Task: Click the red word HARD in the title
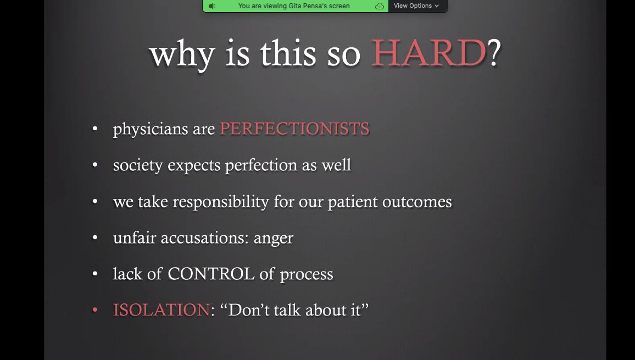(428, 53)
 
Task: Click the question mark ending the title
(494, 53)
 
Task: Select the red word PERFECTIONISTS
(294, 129)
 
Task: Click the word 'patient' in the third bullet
(351, 202)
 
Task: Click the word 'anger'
(273, 239)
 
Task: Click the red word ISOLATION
(161, 310)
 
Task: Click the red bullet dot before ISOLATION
(94, 311)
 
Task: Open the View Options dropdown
(416, 6)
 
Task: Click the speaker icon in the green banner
(211, 6)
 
